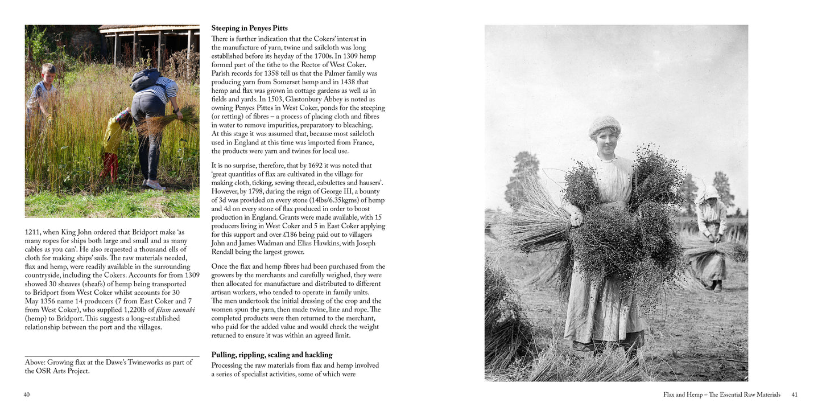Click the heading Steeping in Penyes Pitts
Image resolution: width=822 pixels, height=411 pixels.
click(249, 28)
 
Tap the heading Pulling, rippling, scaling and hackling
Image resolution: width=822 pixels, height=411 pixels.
click(271, 355)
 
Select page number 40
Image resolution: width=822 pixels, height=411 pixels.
click(27, 394)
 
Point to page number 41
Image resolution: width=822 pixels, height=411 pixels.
click(795, 394)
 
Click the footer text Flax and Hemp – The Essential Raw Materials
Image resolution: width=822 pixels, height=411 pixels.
click(721, 394)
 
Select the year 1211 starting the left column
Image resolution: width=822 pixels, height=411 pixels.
click(33, 232)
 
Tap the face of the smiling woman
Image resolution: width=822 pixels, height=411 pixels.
click(606, 139)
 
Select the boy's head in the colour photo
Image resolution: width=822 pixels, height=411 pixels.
click(49, 70)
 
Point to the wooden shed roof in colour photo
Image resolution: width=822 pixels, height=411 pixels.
click(149, 27)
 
